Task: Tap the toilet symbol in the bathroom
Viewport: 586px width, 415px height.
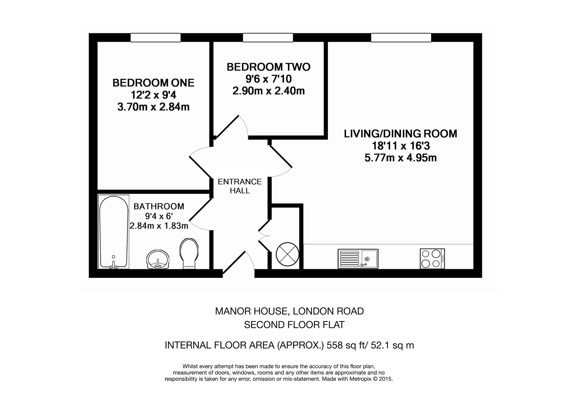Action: click(189, 253)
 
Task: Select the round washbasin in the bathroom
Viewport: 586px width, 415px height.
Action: click(158, 260)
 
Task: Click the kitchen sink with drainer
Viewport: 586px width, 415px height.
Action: click(358, 259)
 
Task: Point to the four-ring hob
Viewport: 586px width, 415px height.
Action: click(432, 259)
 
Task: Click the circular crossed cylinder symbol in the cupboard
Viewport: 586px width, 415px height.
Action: click(287, 254)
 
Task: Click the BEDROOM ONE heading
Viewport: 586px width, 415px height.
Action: click(153, 83)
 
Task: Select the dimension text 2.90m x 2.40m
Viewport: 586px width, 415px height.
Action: click(269, 91)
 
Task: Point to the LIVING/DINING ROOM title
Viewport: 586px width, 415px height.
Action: click(400, 134)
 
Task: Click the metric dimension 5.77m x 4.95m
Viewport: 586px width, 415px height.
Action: click(400, 158)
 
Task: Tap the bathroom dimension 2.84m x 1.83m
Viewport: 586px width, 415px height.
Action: click(159, 226)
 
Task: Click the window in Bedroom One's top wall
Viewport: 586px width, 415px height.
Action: click(156, 38)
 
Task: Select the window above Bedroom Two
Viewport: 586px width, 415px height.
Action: click(268, 38)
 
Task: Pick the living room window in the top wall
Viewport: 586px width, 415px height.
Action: click(401, 38)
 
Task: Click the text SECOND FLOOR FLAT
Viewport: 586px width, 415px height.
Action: click(294, 325)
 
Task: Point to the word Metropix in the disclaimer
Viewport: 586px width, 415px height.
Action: click(361, 379)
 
